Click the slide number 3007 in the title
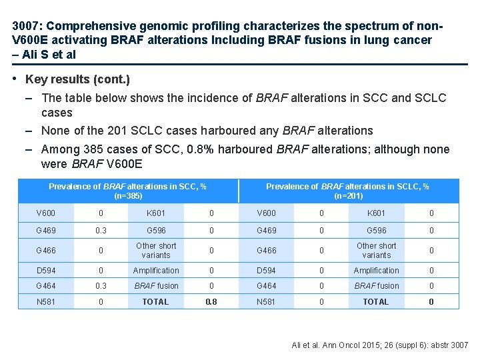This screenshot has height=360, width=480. pos(26,26)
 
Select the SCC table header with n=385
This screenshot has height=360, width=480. pos(128,191)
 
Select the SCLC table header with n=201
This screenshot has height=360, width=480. pos(347,191)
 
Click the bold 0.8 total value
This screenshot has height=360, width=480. pos(211,301)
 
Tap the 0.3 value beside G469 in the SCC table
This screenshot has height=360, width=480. pos(101,230)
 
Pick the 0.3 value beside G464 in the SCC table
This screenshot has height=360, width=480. pos(101,285)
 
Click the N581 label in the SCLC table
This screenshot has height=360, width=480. pos(267,301)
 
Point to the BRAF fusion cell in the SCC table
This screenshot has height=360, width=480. pos(156,285)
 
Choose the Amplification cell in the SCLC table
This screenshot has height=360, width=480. pos(376,270)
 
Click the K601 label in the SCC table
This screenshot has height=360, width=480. pos(156,213)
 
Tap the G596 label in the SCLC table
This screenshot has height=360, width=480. pos(376,230)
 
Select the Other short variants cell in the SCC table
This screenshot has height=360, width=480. pos(156,250)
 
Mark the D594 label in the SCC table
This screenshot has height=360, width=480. pos(46,270)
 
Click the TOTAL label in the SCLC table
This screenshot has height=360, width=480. pos(376,301)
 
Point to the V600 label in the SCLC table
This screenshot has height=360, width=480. pos(267,213)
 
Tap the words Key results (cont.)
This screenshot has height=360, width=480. pos(77,79)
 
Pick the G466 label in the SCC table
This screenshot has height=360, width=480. pos(46,250)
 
